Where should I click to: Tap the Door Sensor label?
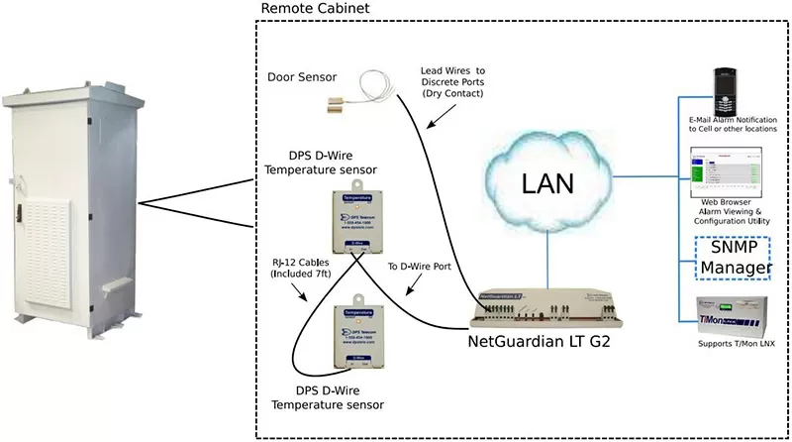pyautogui.click(x=302, y=77)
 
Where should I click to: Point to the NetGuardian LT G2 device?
pyautogui.click(x=544, y=311)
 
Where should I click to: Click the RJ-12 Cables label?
pyautogui.click(x=293, y=269)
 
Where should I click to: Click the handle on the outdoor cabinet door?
pyautogui.click(x=17, y=211)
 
